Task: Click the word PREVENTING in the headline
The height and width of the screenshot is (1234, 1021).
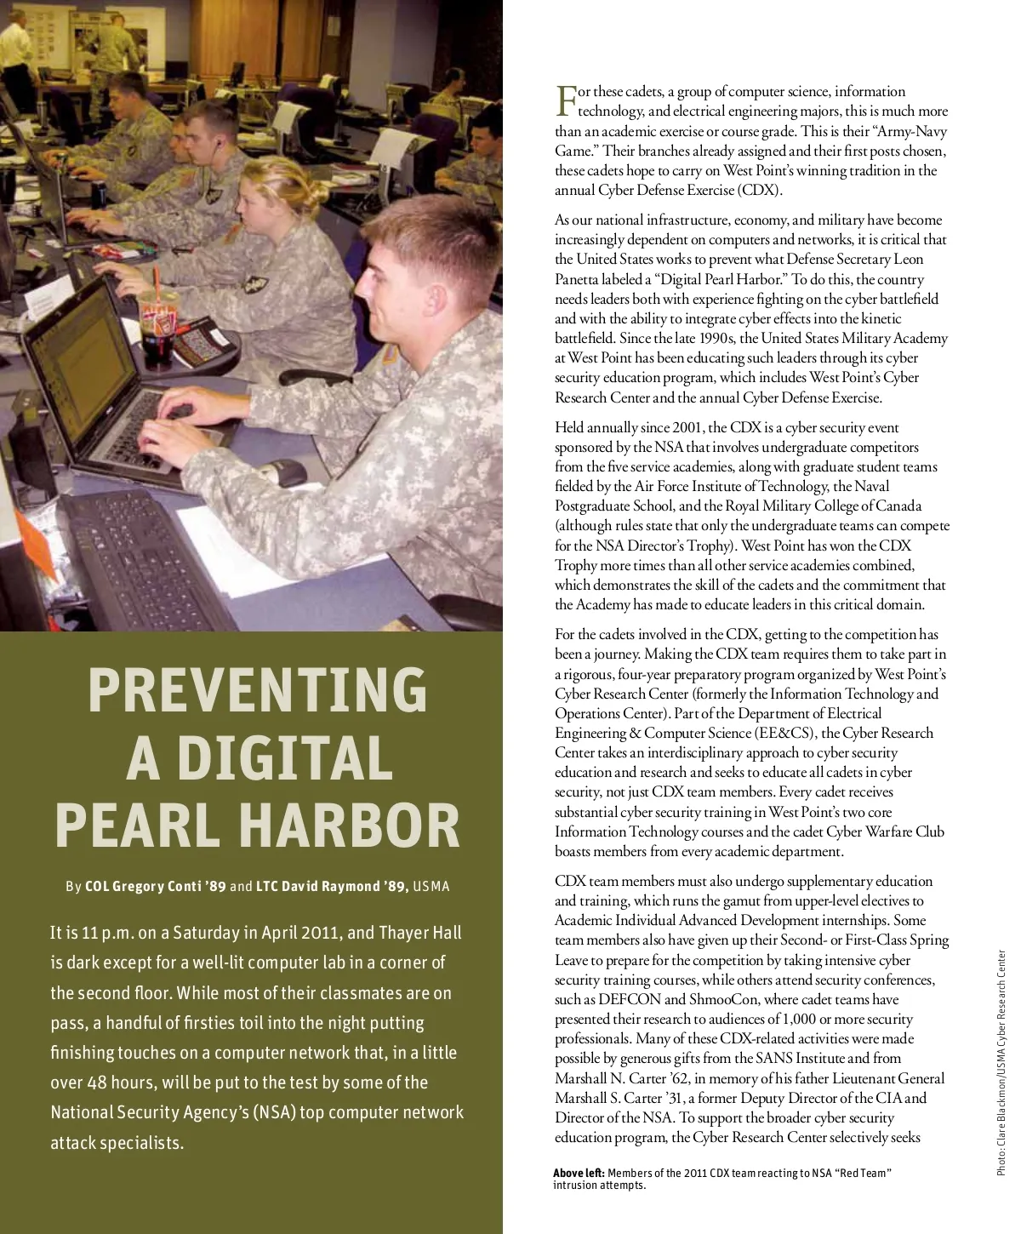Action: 257,689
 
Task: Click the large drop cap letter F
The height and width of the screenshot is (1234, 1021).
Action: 566,101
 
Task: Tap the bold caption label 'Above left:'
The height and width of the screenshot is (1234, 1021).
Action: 579,1173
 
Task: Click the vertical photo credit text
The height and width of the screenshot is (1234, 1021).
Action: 1002,1064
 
